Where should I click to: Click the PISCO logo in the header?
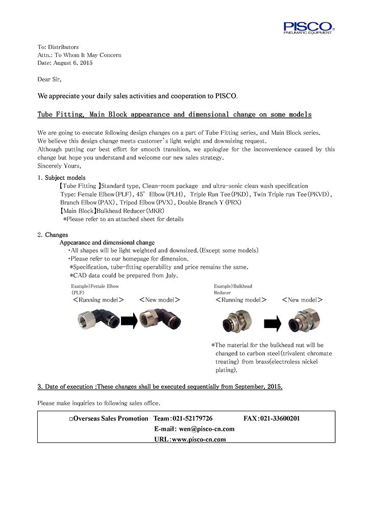coord(309,27)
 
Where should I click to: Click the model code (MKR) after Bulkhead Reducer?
coord(155,211)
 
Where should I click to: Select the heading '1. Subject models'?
coord(58,177)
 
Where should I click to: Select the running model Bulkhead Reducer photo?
coord(236,323)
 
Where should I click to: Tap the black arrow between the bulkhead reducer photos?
coord(272,323)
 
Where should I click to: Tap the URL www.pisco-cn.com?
coord(199,439)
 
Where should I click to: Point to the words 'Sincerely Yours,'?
coord(59,166)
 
